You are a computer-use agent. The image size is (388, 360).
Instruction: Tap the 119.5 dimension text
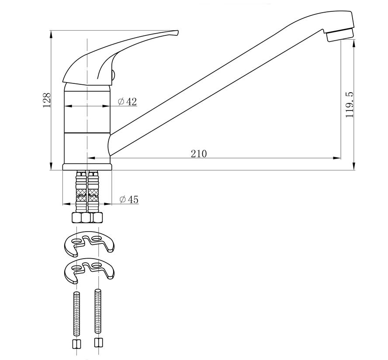coord(350,105)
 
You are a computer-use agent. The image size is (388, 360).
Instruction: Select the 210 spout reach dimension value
coord(199,154)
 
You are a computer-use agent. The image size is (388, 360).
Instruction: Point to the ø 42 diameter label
coord(128,101)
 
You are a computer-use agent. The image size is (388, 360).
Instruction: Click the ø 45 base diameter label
coord(129,199)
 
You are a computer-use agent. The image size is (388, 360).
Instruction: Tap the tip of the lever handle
coord(177,31)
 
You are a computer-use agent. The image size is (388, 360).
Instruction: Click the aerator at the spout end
coord(340,35)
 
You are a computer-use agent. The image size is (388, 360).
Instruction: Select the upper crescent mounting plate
coord(89,243)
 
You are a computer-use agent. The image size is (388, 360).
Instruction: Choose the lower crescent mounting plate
coord(89,270)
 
